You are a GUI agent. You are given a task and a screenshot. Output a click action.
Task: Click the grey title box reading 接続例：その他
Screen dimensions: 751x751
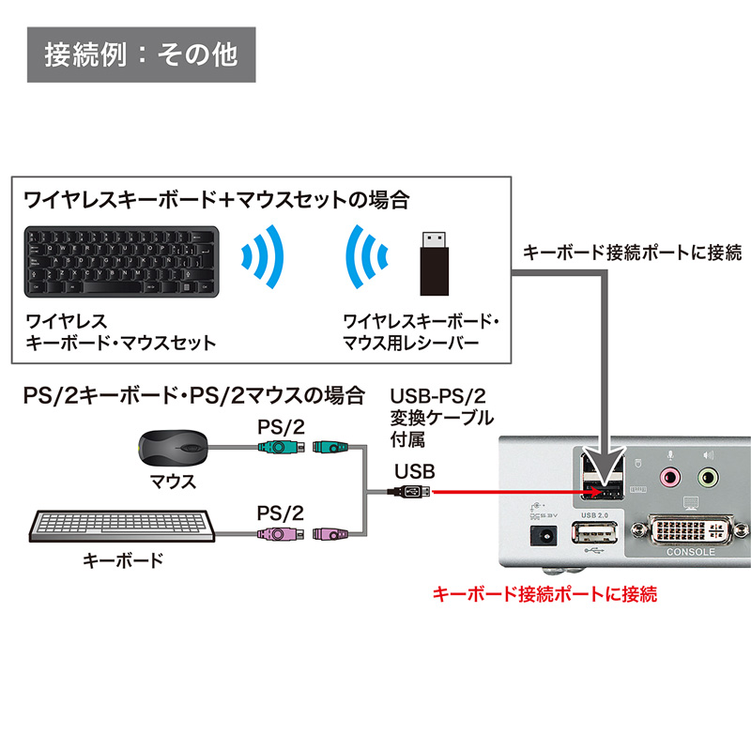click(142, 54)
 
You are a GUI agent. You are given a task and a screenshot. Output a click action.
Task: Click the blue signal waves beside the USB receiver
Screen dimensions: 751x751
click(366, 258)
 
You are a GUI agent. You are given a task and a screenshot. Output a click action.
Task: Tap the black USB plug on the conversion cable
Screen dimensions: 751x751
click(409, 491)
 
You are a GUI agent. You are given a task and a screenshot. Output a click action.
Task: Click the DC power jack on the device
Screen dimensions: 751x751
click(544, 537)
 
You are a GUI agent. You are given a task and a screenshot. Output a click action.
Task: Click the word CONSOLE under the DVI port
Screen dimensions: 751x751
click(690, 552)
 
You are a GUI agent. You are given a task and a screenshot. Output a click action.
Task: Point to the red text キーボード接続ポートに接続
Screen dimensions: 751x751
click(544, 594)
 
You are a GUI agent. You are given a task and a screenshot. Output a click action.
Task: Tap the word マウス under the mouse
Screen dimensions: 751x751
click(173, 483)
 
